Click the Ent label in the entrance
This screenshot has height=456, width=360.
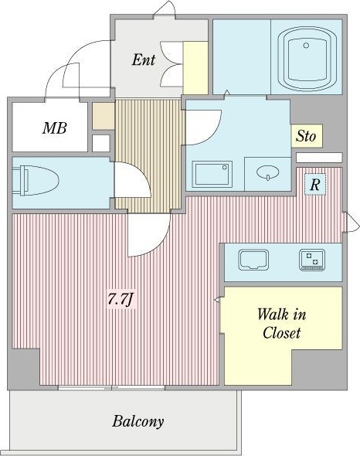pos(144,60)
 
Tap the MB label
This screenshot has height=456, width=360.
pos(55,128)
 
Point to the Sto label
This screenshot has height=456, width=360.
pos(306,136)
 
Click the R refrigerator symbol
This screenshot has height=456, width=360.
pos(314,185)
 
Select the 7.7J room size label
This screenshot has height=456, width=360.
pos(121,299)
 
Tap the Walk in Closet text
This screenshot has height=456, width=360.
pos(281,323)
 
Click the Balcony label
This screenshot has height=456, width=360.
pos(138,421)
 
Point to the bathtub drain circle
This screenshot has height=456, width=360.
pos(306,46)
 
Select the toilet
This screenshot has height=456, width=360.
pos(36,180)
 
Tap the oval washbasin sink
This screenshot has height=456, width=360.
pos(268,173)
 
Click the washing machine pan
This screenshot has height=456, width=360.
pos(212,174)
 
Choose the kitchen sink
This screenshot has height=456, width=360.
pos(253,260)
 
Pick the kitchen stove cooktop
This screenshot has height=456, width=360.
pos(312,260)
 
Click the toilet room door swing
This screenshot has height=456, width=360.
pos(132,180)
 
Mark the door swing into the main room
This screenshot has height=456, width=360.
pos(148,235)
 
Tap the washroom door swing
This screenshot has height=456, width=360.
pos(203,127)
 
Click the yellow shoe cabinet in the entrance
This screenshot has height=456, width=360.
pos(195,68)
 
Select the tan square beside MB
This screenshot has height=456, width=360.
pos(104,116)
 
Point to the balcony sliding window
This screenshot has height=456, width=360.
pos(111,388)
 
